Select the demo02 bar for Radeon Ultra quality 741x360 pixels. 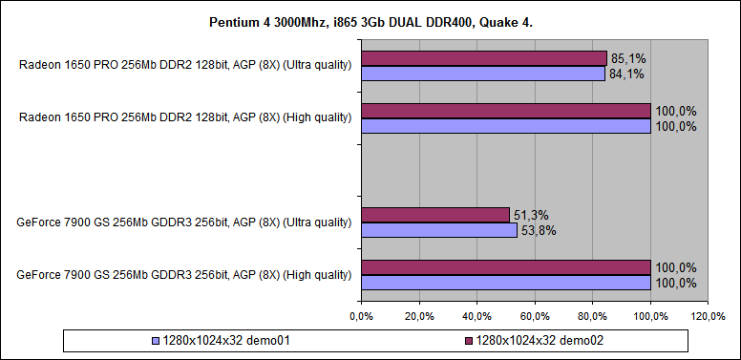[483, 59]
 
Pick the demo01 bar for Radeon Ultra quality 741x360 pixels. [482, 74]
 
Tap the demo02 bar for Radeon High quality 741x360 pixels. [505, 111]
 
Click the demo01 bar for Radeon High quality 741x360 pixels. [505, 125]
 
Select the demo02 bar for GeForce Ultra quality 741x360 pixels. [434, 215]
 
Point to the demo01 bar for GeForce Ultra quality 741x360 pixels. [438, 229]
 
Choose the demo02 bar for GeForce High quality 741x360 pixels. [505, 267]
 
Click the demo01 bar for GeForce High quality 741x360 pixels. [505, 282]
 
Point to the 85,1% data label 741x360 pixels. [627, 59]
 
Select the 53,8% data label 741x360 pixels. [538, 229]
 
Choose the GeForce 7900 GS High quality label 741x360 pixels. [184, 275]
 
